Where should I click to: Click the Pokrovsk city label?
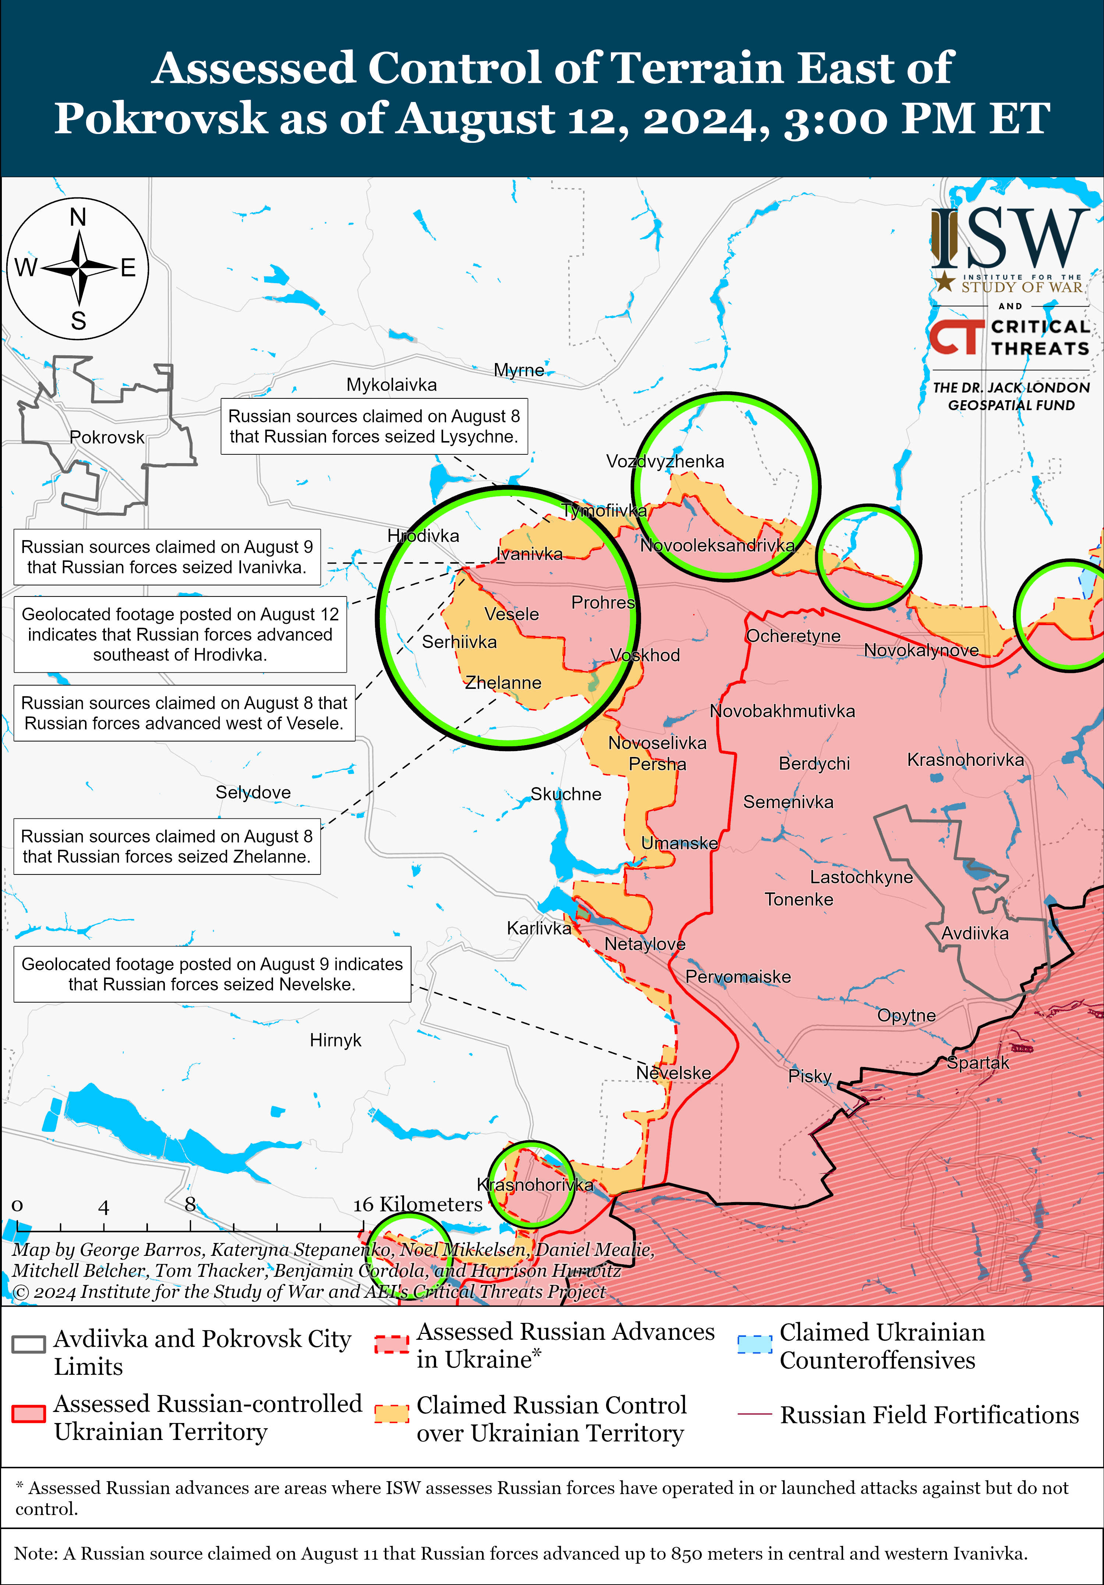point(107,438)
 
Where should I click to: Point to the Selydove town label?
point(253,792)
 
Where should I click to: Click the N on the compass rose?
point(78,218)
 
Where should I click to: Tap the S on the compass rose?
point(78,321)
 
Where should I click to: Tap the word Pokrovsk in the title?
point(161,118)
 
